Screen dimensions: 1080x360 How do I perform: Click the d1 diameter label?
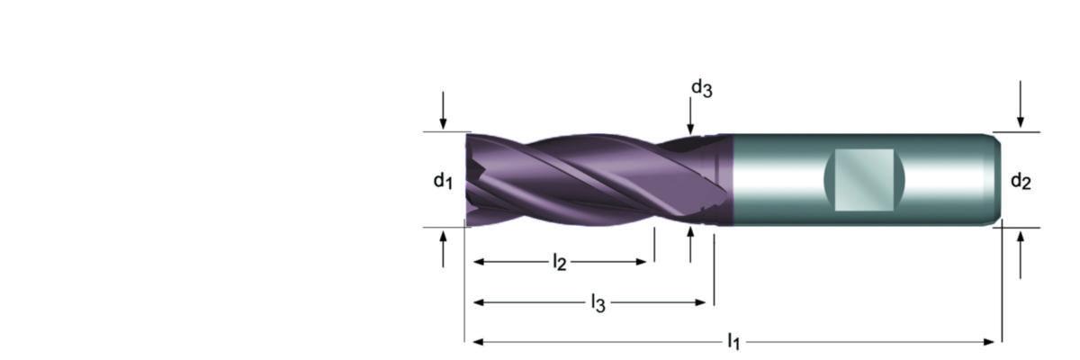(443, 181)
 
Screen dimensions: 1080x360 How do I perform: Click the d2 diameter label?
(1021, 182)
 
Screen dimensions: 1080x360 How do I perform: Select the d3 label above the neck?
(701, 88)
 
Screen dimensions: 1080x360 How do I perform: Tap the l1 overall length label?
(733, 341)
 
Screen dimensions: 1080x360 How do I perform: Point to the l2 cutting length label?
(559, 263)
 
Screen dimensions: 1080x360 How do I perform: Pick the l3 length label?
(598, 303)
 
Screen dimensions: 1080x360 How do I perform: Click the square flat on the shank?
(864, 180)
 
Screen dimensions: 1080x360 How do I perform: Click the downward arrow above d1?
(443, 110)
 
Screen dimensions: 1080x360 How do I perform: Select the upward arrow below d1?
(443, 249)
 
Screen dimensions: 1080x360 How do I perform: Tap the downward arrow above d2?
(1020, 104)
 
